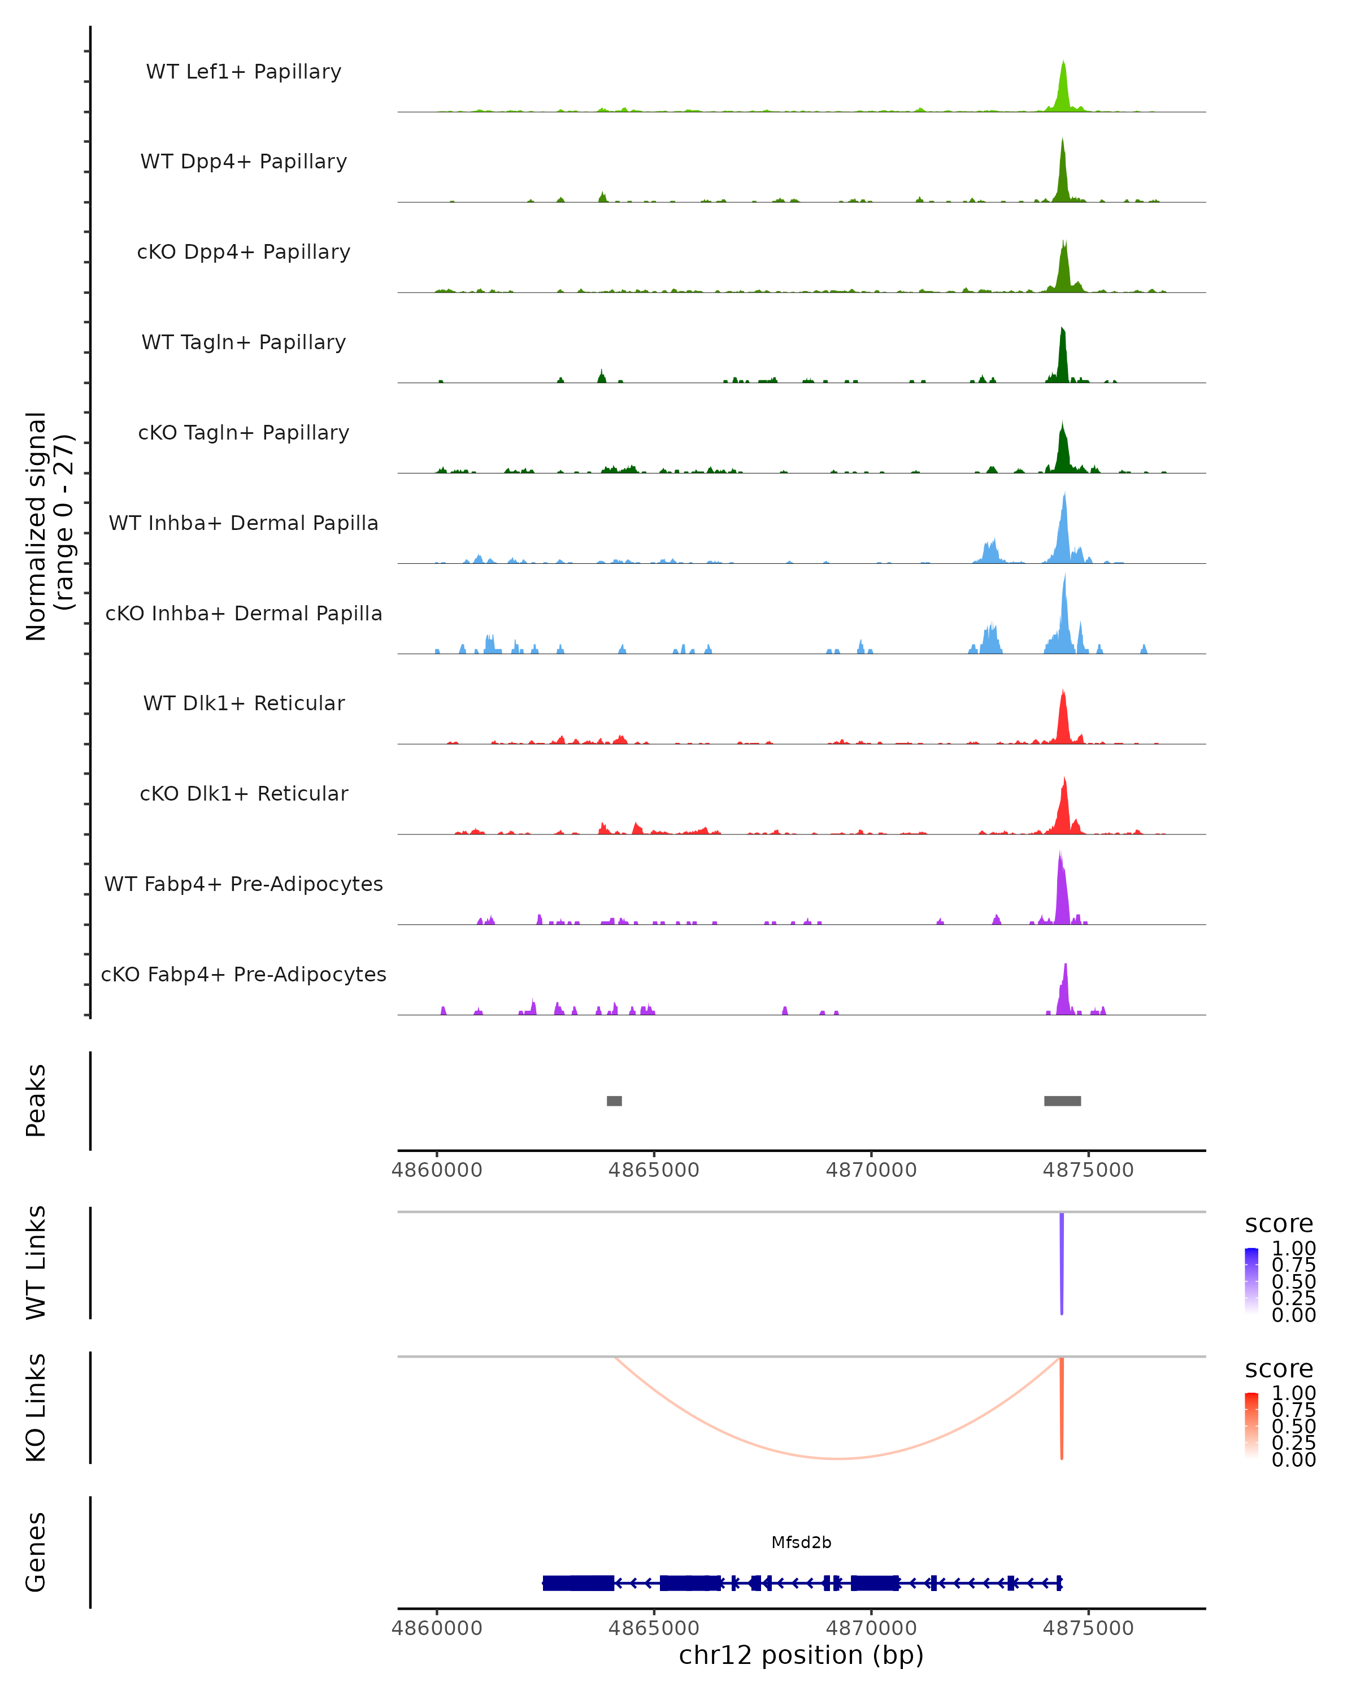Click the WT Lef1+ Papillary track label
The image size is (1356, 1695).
pos(244,72)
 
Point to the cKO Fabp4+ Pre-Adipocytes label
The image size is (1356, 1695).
pos(244,974)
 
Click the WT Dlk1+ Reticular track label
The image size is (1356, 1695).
pos(244,703)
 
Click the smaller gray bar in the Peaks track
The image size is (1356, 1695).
pos(614,1101)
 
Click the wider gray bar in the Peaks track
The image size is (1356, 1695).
pos(1062,1101)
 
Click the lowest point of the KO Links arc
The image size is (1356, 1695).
pos(839,1458)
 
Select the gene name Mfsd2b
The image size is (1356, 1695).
pos(801,1542)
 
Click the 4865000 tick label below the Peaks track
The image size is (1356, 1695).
pos(653,1170)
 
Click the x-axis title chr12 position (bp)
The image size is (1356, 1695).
pos(801,1655)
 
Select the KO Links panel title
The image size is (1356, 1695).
pos(36,1407)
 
